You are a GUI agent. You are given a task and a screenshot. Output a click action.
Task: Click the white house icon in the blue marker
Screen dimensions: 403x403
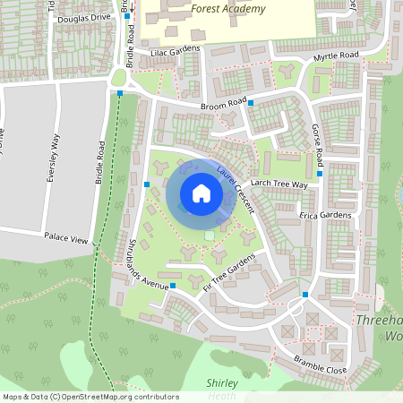point(201,193)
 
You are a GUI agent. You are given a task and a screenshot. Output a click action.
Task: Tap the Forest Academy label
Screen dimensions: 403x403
point(228,9)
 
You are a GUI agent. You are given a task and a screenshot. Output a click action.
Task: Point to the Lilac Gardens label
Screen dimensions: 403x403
point(176,53)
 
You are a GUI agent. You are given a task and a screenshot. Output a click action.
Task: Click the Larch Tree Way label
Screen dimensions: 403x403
point(279,184)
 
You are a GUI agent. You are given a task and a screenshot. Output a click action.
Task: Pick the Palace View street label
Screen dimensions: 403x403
point(66,240)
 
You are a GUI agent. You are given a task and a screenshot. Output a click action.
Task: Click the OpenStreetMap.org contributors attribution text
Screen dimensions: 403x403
point(116,397)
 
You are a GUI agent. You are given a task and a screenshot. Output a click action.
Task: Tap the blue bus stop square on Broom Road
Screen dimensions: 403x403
point(251,103)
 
